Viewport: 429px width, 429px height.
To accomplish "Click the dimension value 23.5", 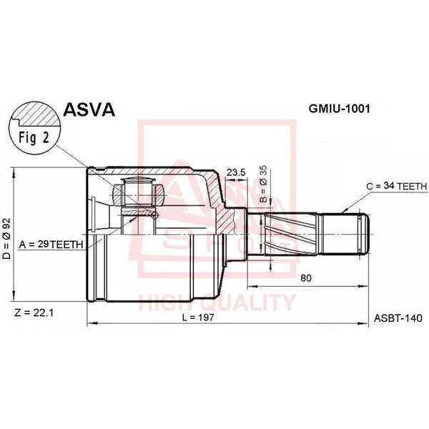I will point(236,172).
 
